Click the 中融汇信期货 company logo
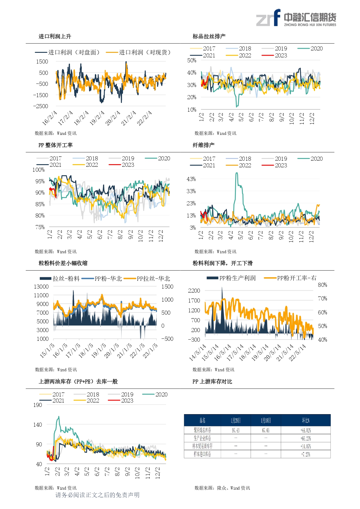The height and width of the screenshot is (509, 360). pyautogui.click(x=296, y=18)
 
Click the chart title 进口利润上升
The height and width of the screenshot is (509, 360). pyautogui.click(x=55, y=36)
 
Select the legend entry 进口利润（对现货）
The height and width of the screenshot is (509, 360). pyautogui.click(x=139, y=52)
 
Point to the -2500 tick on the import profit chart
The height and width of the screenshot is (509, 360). pyautogui.click(x=41, y=106)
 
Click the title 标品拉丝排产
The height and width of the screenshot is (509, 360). pyautogui.click(x=209, y=36)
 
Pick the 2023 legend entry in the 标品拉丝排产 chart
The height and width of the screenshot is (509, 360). pyautogui.click(x=274, y=55)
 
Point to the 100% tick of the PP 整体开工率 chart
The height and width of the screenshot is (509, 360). pyautogui.click(x=39, y=170)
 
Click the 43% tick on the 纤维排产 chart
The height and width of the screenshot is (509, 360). pyautogui.click(x=191, y=179)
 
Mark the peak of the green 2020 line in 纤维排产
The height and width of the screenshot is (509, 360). pyautogui.click(x=237, y=173)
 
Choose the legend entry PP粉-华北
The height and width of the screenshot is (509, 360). pyautogui.click(x=102, y=279)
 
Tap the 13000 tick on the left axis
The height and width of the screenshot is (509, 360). pyautogui.click(x=41, y=287)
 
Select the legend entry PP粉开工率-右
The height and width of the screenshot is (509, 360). pyautogui.click(x=290, y=278)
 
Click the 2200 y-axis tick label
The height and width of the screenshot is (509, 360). pyautogui.click(x=194, y=291)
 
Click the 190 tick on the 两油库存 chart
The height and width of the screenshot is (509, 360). pyautogui.click(x=38, y=405)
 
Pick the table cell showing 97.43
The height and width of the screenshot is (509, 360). pyautogui.click(x=236, y=430)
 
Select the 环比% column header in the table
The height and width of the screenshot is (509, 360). pyautogui.click(x=306, y=420)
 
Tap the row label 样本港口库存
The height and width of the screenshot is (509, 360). pyautogui.click(x=202, y=454)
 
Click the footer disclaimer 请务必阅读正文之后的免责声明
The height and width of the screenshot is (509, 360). pyautogui.click(x=97, y=495)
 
